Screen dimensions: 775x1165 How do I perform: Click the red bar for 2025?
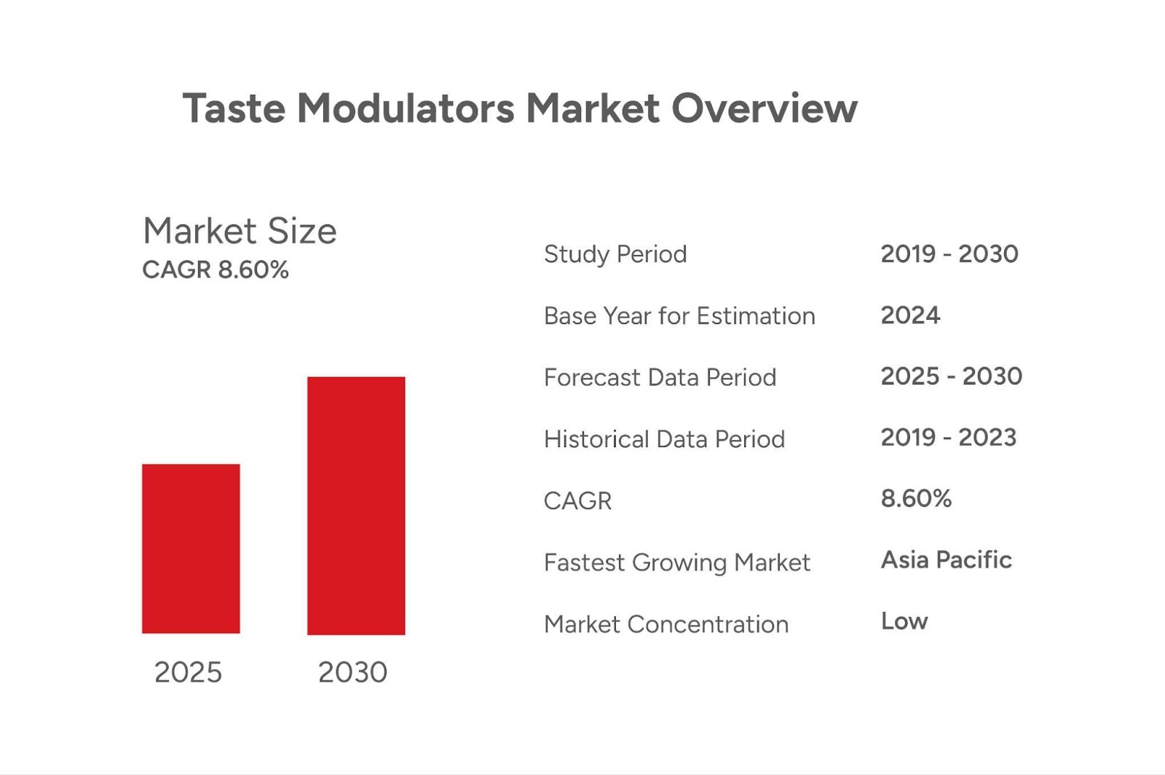pos(191,548)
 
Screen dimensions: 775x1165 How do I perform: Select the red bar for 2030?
pos(356,505)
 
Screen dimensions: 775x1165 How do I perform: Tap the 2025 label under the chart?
pos(188,672)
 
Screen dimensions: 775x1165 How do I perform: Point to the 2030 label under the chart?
pos(352,672)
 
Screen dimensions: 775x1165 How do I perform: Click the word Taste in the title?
pos(234,109)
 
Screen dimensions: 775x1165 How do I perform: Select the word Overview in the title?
pos(764,109)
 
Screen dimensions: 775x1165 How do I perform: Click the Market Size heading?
pos(240,231)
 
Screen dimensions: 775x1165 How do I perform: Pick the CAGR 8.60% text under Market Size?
pos(216,270)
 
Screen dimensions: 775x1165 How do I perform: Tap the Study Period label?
pos(615,254)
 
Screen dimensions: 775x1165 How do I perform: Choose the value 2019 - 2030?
pos(949,254)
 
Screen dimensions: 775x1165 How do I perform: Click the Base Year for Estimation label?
pos(679,316)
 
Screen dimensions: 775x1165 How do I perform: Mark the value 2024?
pos(910,315)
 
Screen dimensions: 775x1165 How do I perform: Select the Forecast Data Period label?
pos(660,377)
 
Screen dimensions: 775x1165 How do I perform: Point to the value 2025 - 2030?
pos(952,377)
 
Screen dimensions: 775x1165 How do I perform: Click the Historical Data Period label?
pos(664,439)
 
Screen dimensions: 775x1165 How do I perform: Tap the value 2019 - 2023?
pos(948,438)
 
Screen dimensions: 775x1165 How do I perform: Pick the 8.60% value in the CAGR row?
pos(916,499)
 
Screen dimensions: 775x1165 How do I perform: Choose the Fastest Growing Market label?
pos(676,562)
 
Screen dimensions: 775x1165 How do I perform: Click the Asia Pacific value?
pos(946,560)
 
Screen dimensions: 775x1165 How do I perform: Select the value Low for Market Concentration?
pos(904,621)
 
